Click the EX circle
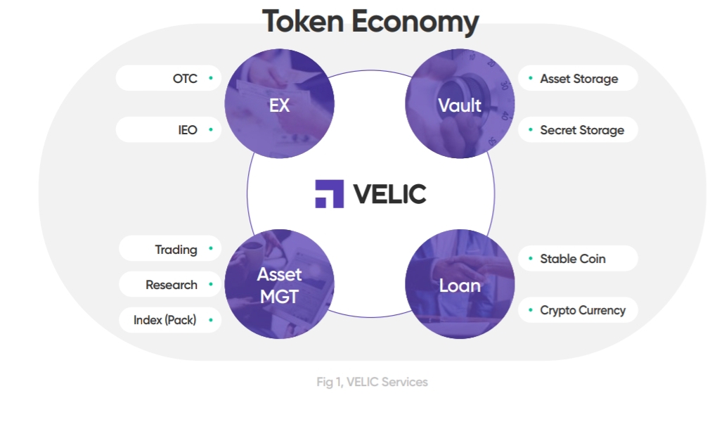[279, 103]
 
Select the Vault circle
[460, 103]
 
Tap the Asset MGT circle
[279, 284]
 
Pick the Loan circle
[460, 284]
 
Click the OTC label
[185, 79]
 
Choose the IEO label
[188, 130]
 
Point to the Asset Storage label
[579, 79]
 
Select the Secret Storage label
[582, 130]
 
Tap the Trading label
[176, 250]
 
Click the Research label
[172, 285]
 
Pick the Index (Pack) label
[165, 320]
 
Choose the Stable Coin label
[573, 259]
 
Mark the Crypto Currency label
[583, 310]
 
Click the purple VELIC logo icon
[329, 193]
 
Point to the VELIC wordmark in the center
[389, 194]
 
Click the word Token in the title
[303, 21]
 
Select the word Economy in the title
[415, 23]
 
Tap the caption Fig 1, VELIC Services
[372, 382]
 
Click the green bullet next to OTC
[211, 78]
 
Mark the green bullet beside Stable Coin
[531, 258]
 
